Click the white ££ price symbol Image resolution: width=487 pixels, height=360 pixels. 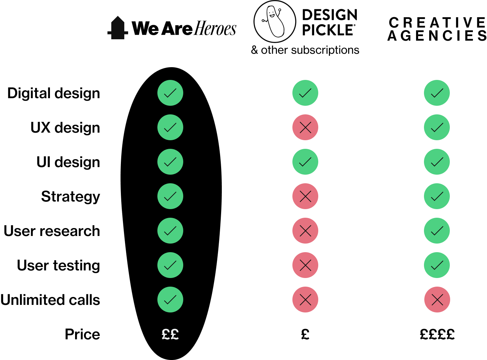[x=170, y=334]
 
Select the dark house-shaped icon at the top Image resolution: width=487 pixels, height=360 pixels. [x=118, y=28]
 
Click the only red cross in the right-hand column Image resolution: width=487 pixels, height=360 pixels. [x=437, y=300]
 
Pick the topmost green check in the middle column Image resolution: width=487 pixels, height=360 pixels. [x=305, y=93]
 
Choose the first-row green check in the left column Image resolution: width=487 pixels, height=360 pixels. [x=170, y=93]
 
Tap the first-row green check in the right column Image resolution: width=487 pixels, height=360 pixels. [x=437, y=93]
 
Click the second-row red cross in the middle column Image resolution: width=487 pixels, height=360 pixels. [x=305, y=127]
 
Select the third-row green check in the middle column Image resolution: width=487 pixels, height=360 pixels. [x=305, y=162]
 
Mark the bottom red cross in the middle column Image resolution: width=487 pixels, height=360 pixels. [x=305, y=300]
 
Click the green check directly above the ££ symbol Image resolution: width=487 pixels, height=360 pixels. [x=170, y=300]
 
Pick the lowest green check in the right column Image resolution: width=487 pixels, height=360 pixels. [x=437, y=265]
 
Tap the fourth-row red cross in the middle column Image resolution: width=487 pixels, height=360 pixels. [x=305, y=196]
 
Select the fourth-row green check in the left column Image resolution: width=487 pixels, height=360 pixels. [x=170, y=196]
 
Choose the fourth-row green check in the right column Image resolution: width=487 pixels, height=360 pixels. [x=437, y=196]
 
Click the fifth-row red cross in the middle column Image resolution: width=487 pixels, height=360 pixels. [x=305, y=231]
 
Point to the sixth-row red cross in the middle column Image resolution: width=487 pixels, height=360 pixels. [x=305, y=265]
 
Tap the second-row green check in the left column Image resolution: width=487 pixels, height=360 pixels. [x=170, y=127]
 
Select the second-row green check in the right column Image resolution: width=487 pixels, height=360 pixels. [x=437, y=127]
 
